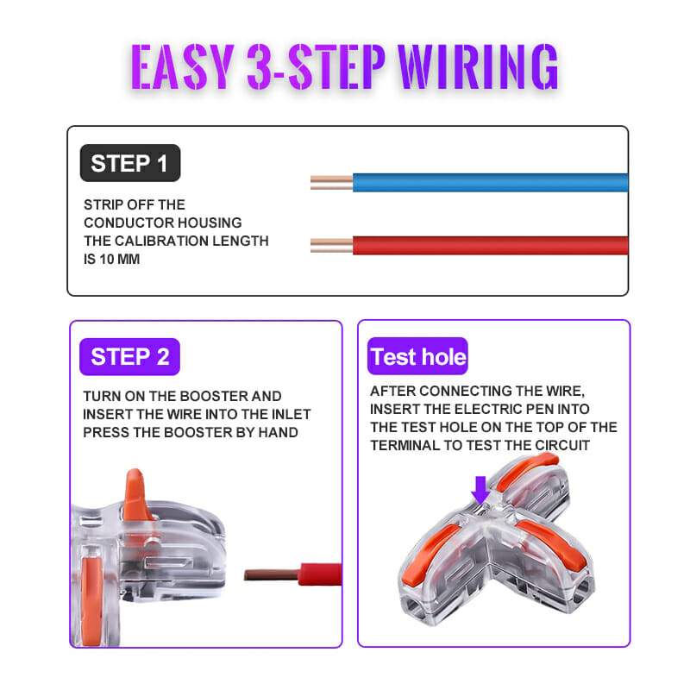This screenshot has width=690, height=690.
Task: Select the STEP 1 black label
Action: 129,163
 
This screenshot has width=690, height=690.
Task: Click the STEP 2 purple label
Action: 129,355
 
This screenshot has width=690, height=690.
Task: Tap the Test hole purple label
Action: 418,356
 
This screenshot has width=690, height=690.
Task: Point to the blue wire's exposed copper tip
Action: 331,183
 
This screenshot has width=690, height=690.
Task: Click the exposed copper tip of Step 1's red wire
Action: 331,245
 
